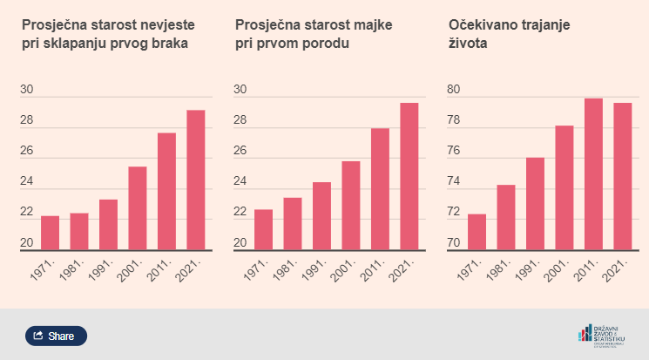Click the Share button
(56, 336)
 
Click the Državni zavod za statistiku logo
(601, 335)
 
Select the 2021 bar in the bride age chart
(196, 180)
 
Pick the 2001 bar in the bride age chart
(138, 208)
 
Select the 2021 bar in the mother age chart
(409, 177)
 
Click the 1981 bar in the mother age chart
(293, 224)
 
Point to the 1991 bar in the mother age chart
(321, 216)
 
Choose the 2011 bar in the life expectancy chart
(593, 174)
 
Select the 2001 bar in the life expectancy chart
(564, 188)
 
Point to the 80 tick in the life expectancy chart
(453, 90)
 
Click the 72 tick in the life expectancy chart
(453, 213)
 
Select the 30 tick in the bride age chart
(26, 90)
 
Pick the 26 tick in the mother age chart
(240, 152)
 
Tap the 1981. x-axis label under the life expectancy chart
(503, 274)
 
